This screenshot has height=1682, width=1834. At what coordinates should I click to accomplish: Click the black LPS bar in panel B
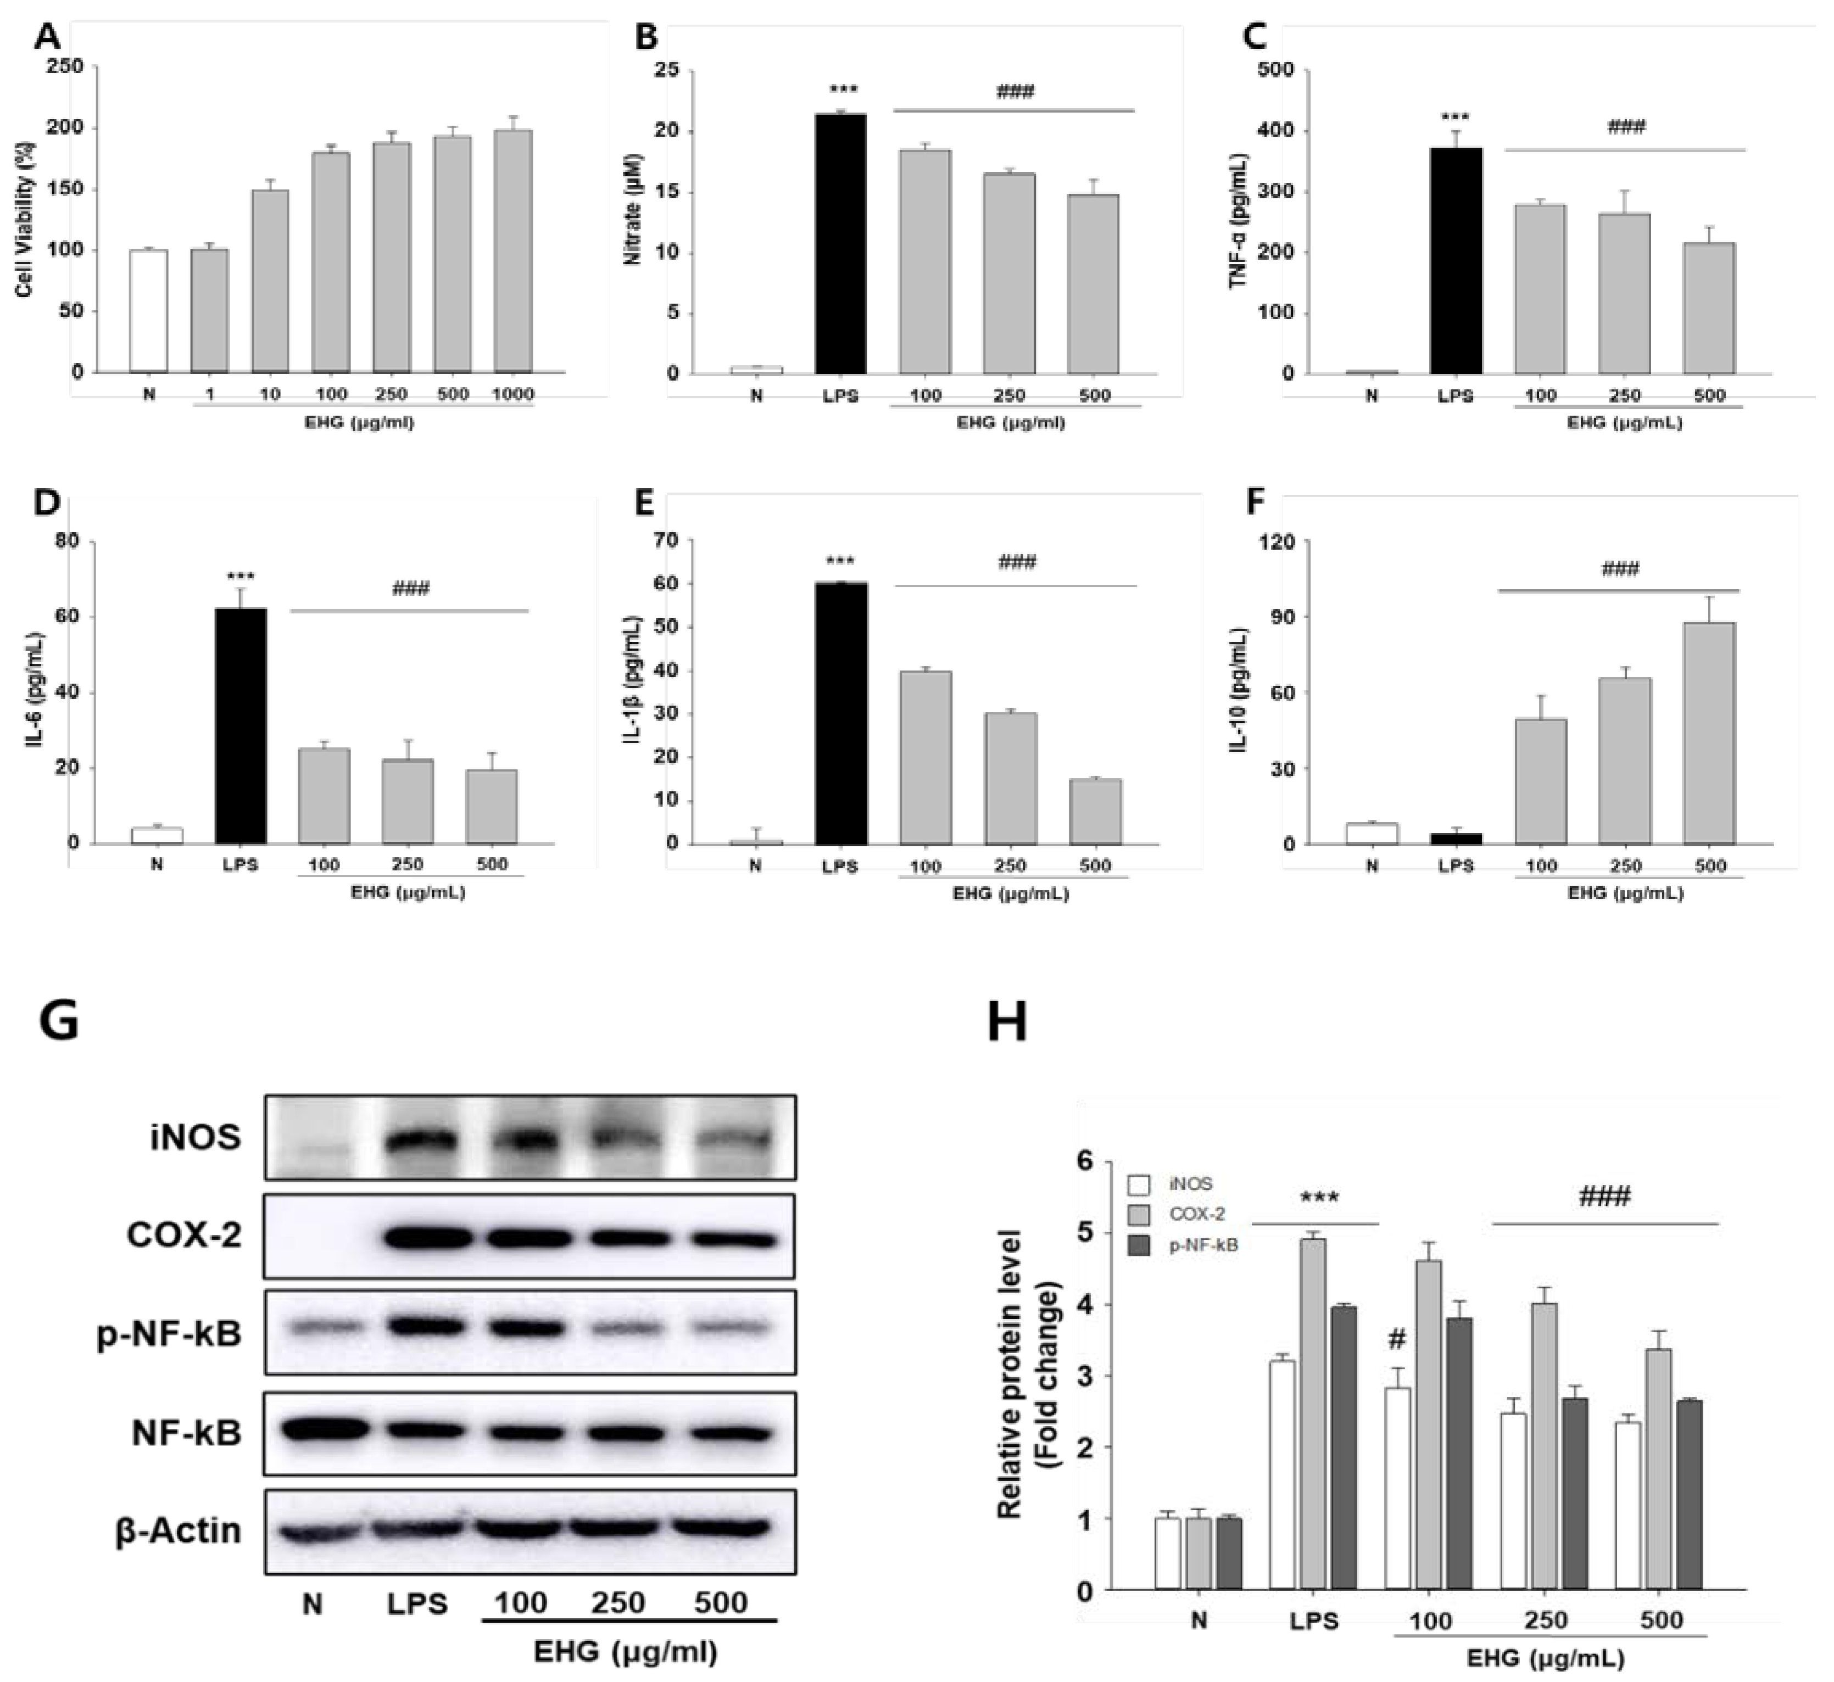point(840,244)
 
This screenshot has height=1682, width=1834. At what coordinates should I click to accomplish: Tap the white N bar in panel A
point(148,311)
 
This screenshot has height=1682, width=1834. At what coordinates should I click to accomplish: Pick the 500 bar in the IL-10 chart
point(1709,733)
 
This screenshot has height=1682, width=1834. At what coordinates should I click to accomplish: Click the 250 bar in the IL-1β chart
point(1010,778)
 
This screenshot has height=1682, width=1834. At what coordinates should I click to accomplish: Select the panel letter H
point(1007,1021)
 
